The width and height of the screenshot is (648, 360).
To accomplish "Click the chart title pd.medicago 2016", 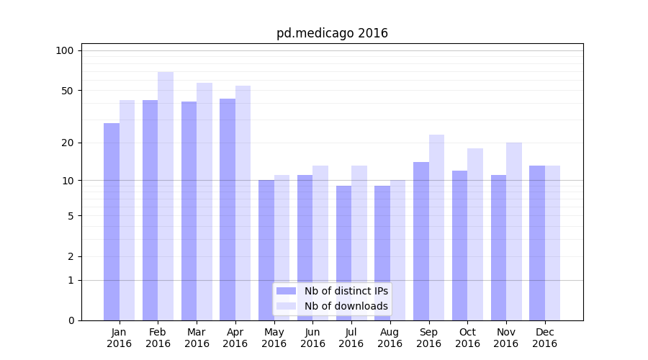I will point(332,33).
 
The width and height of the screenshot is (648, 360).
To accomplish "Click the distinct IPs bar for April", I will point(228,210).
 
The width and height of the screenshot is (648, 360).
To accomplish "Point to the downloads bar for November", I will point(514,231).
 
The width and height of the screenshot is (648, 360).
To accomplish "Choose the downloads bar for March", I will point(204,202).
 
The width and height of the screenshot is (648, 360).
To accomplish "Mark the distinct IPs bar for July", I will point(343,253).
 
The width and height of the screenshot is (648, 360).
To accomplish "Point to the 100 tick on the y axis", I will point(65,50).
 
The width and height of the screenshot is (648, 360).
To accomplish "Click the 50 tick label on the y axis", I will point(67,91).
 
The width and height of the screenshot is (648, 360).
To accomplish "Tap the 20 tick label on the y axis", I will point(67,143).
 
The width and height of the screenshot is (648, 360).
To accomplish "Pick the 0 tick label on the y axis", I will point(71,320).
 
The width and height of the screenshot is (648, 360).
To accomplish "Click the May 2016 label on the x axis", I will point(274,338).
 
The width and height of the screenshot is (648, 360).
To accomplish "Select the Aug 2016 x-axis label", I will point(390,338).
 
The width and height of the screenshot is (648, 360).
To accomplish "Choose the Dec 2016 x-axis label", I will point(544,338).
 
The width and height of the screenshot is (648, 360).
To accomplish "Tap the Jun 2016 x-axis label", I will point(312,338).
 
